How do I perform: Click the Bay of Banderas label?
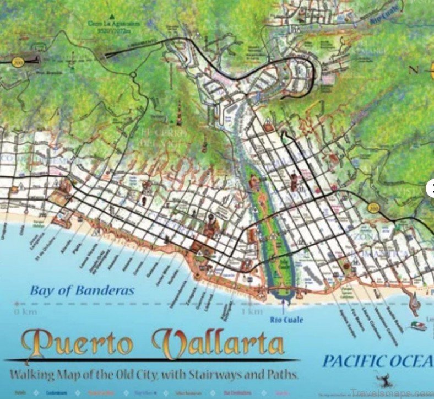tap(82, 290)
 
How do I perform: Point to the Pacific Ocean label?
tap(377, 361)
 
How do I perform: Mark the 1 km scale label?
tap(252, 312)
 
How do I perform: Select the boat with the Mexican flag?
tap(417, 325)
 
